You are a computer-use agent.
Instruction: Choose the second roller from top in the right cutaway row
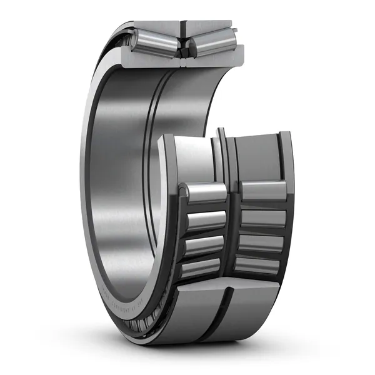[x=262, y=218]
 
